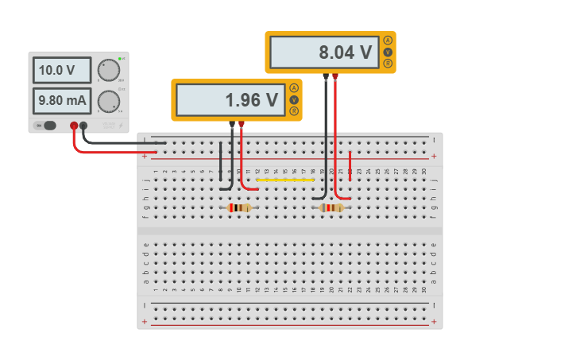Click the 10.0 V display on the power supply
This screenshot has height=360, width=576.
click(62, 70)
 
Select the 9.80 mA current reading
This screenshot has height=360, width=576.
click(62, 101)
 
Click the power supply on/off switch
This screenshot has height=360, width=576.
click(49, 125)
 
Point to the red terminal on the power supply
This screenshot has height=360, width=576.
click(74, 126)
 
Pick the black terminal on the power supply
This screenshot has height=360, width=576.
click(83, 126)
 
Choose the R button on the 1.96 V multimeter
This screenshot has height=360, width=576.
click(294, 111)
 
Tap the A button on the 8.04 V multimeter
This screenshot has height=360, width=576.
click(388, 41)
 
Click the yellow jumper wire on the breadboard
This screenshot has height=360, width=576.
click(284, 180)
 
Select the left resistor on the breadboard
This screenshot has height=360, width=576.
click(239, 207)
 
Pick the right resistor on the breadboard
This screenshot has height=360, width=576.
click(332, 207)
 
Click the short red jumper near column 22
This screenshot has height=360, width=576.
click(350, 166)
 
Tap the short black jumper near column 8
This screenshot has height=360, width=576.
click(221, 166)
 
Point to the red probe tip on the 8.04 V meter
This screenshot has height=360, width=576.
click(335, 77)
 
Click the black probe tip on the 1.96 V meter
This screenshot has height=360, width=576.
click(232, 125)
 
